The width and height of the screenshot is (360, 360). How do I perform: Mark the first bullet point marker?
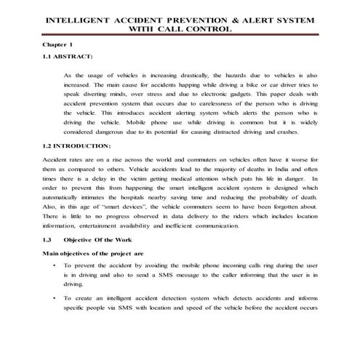point(56,267)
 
